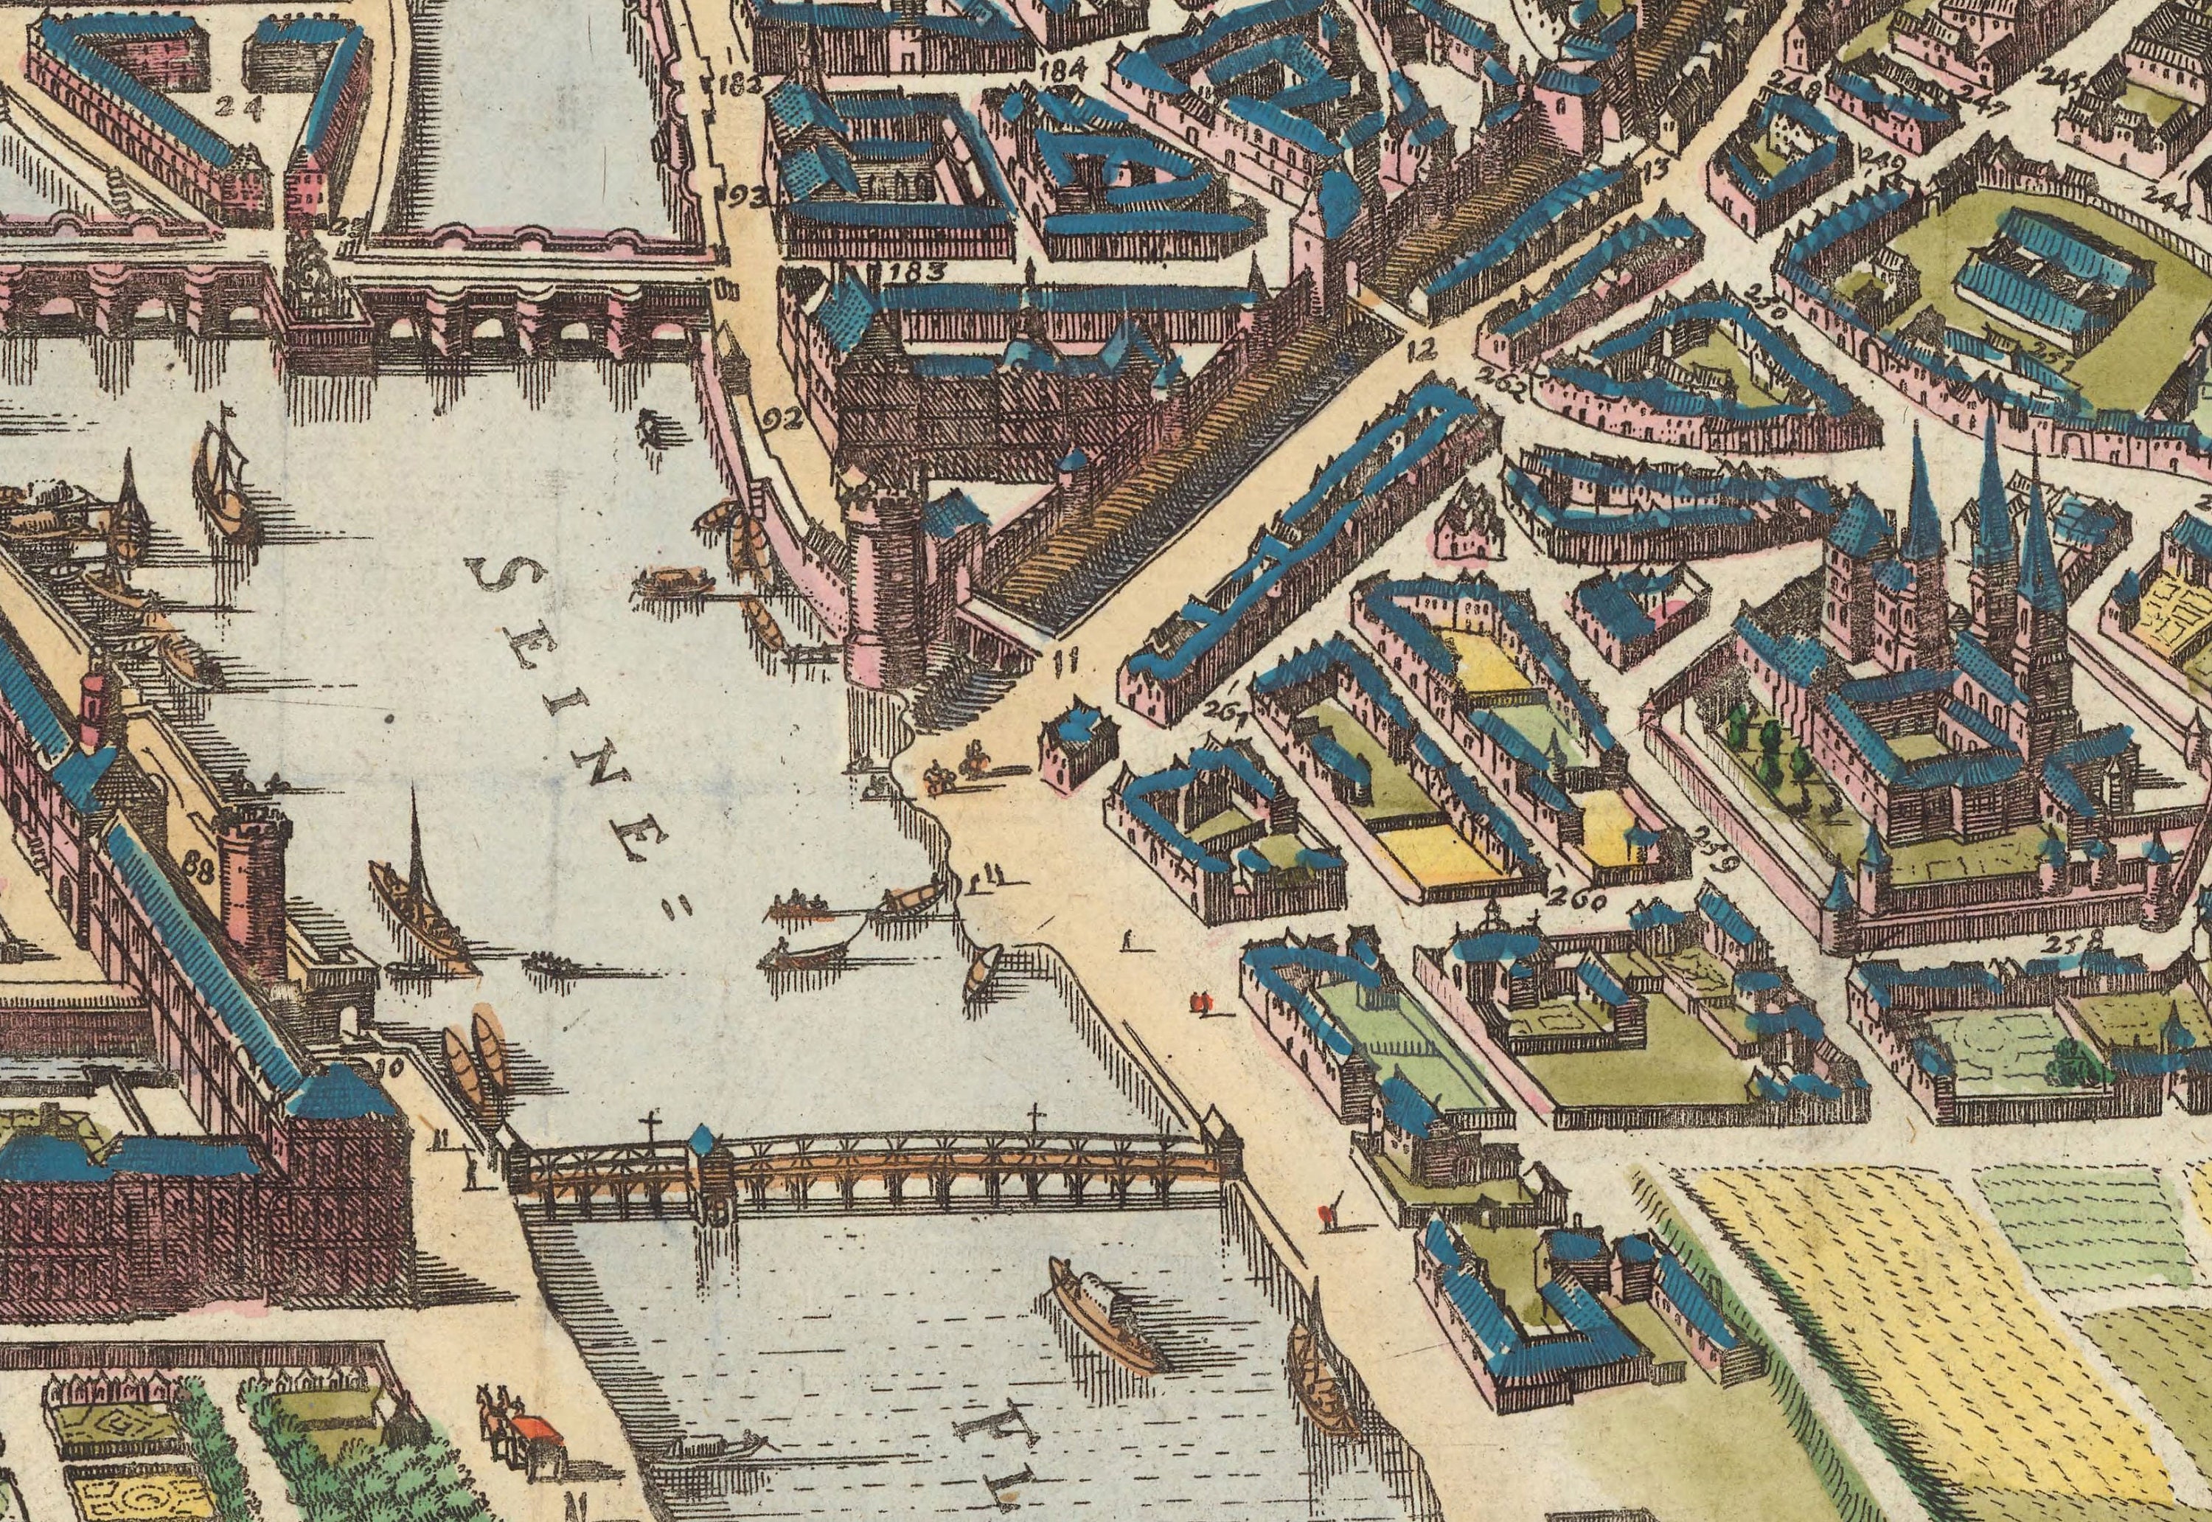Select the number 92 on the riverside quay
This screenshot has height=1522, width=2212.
pos(784,417)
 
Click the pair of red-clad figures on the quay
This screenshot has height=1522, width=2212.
pos(1200,1001)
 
